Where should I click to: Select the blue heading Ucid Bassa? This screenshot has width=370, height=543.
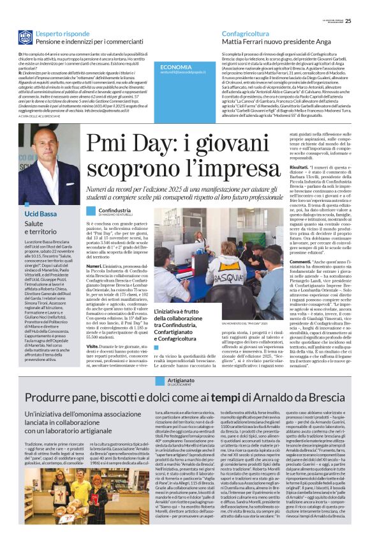click(41, 212)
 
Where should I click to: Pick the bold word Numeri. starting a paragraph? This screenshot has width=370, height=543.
click(94, 265)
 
